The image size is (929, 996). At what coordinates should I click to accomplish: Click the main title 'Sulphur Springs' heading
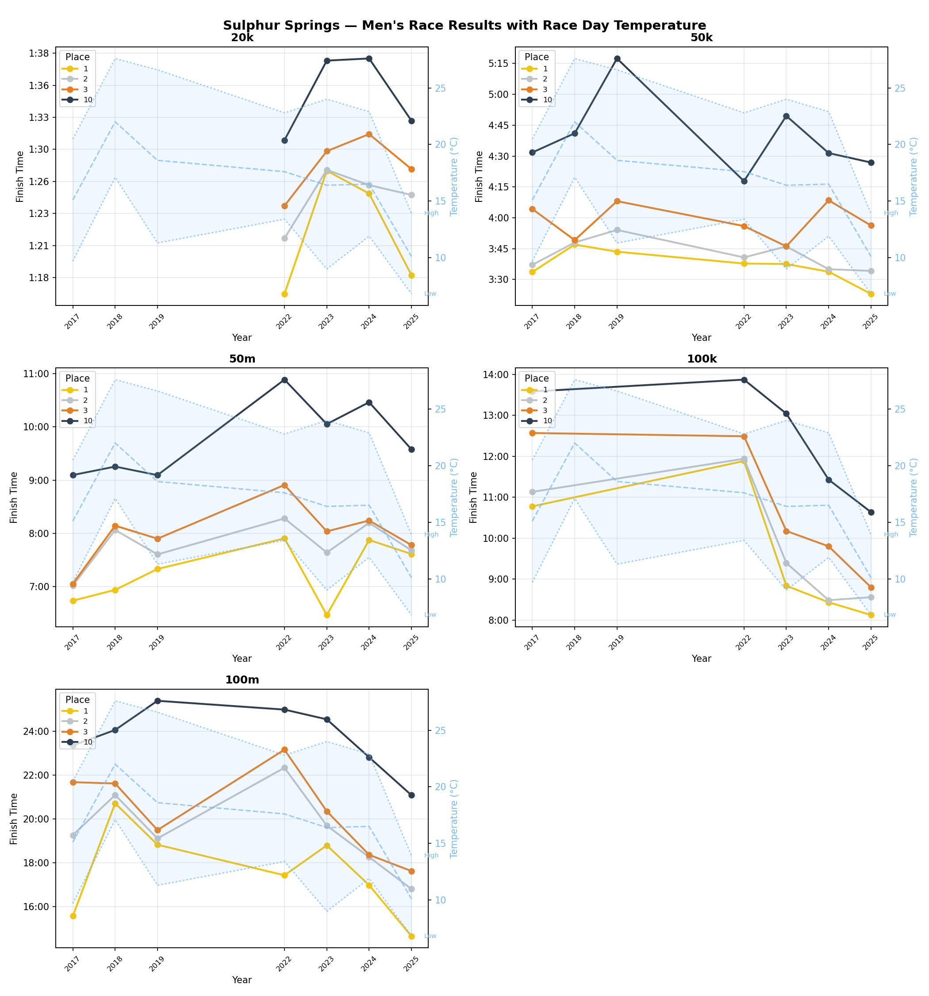(x=464, y=26)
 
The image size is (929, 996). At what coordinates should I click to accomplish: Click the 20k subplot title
(x=242, y=38)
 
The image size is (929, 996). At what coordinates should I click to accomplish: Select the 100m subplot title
(x=242, y=680)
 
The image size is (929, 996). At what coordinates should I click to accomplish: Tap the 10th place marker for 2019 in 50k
(x=617, y=58)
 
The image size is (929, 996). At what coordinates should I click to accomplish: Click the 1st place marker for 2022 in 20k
(x=284, y=294)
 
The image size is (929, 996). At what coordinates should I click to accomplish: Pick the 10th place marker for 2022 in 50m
(x=284, y=380)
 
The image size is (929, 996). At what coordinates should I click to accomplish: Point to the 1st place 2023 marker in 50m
(x=327, y=615)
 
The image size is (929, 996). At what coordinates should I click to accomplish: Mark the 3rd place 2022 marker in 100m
(x=284, y=749)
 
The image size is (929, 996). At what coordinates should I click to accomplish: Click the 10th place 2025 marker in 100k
(x=871, y=512)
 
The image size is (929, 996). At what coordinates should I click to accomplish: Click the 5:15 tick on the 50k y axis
(x=501, y=63)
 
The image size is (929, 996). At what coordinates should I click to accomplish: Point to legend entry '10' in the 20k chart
(x=88, y=100)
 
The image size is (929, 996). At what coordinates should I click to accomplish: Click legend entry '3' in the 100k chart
(x=547, y=410)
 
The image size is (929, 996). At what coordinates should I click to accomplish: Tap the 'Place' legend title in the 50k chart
(x=536, y=57)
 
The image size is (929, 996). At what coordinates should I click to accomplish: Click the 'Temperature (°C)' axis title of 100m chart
(x=454, y=818)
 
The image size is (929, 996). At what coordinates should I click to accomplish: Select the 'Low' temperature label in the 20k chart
(x=430, y=294)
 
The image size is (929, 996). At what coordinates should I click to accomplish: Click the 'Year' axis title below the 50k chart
(x=701, y=338)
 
